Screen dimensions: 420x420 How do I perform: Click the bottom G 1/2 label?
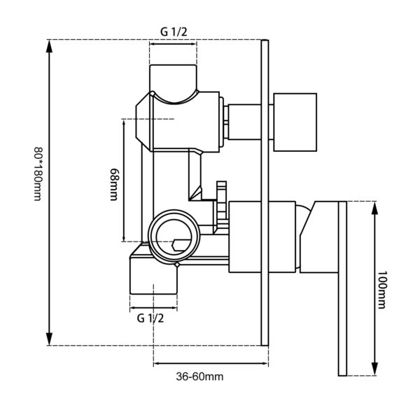point(150,318)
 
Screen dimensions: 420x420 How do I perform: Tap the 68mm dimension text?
point(113,184)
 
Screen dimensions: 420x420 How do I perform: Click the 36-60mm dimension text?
point(199,376)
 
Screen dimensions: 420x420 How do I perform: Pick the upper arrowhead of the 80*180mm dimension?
point(49,45)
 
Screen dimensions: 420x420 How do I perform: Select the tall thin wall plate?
point(264,192)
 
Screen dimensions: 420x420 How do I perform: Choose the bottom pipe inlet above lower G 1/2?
point(153,276)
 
